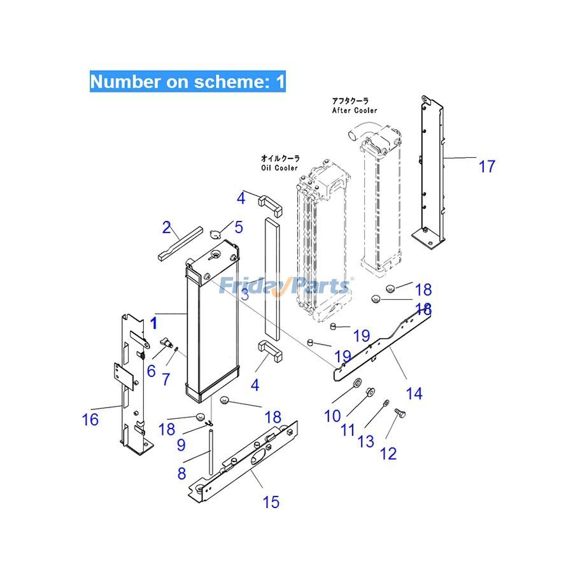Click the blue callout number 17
(x=486, y=167)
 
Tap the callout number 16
(x=90, y=420)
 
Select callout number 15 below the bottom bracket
(x=271, y=502)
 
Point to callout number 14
(x=414, y=394)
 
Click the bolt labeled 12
(x=400, y=414)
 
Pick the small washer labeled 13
(x=386, y=404)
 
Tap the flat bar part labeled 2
(x=180, y=242)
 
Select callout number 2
(x=167, y=227)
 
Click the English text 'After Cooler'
(x=354, y=110)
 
